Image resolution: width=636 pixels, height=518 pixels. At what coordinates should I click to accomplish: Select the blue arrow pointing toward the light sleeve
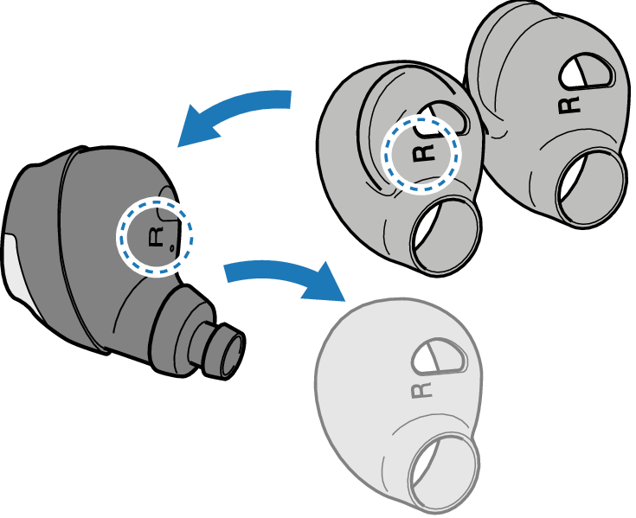pyautogui.click(x=277, y=275)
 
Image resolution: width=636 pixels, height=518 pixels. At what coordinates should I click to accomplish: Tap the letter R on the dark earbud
pyautogui.click(x=157, y=234)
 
